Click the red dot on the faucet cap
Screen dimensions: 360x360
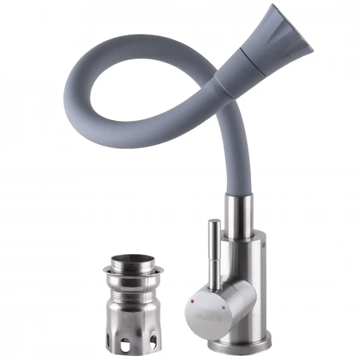click(x=193, y=299)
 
